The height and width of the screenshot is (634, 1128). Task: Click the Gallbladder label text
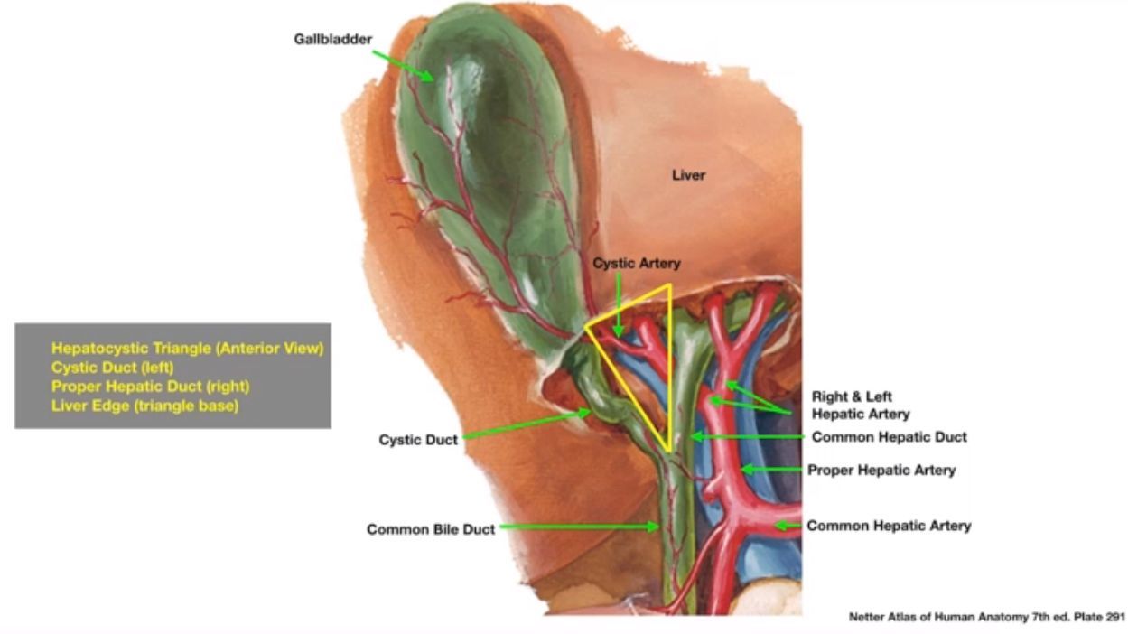click(332, 40)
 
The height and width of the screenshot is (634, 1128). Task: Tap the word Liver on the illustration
click(687, 175)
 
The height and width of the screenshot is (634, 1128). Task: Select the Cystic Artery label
click(636, 263)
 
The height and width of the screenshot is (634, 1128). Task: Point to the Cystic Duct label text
click(417, 440)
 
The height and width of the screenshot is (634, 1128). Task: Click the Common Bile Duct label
click(430, 530)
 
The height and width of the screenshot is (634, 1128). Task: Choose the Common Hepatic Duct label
click(889, 437)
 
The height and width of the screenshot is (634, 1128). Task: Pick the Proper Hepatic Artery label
click(881, 470)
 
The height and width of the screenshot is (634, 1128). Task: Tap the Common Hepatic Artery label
click(889, 525)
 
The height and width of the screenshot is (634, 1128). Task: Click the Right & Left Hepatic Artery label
click(860, 405)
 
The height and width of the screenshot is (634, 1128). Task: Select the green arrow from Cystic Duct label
click(524, 424)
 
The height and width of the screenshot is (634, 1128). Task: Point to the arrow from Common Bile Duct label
click(578, 527)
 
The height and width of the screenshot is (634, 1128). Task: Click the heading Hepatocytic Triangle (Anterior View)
click(187, 348)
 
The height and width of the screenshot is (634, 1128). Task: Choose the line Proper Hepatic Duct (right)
click(150, 387)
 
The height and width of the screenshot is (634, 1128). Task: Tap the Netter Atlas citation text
click(986, 618)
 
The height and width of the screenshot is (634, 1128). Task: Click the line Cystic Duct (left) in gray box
click(112, 368)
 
